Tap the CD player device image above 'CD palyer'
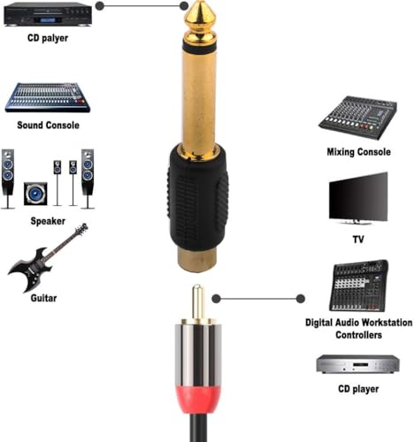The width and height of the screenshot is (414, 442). pyautogui.click(x=47, y=13)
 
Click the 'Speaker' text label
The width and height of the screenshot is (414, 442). pyautogui.click(x=48, y=220)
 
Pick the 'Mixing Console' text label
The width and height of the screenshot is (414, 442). pyautogui.click(x=358, y=152)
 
